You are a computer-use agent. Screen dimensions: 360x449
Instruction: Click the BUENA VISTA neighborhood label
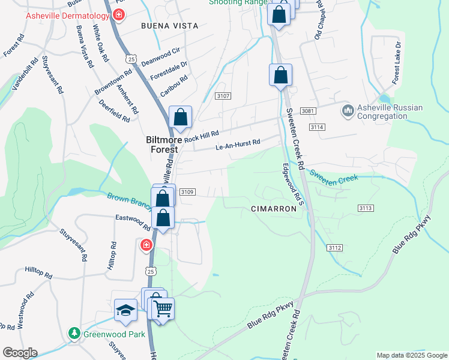click(x=164, y=26)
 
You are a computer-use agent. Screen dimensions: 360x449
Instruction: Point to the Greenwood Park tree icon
click(x=74, y=333)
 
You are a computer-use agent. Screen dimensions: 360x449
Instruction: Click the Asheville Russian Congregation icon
click(x=347, y=111)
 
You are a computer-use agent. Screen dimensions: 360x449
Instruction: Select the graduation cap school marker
click(x=125, y=310)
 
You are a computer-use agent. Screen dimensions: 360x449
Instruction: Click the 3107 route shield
click(x=223, y=96)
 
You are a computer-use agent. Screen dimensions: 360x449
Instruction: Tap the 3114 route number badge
click(x=318, y=128)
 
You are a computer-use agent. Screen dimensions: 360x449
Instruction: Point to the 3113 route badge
click(x=366, y=208)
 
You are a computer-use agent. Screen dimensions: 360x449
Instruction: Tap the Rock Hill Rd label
click(x=202, y=137)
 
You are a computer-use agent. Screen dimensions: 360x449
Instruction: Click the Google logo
click(x=20, y=352)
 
